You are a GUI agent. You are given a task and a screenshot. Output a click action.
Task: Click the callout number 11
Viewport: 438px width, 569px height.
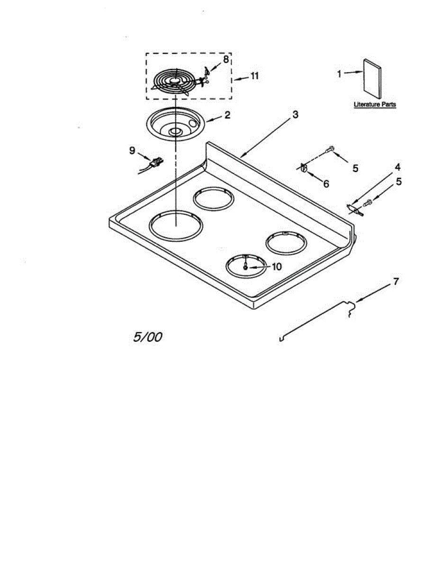click(x=254, y=76)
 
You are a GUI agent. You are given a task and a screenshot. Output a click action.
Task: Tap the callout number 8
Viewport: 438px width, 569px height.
click(x=226, y=59)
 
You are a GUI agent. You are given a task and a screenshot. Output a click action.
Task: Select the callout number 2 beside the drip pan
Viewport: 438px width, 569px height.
click(x=227, y=115)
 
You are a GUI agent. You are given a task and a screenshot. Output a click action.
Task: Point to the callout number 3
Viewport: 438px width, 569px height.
click(x=295, y=114)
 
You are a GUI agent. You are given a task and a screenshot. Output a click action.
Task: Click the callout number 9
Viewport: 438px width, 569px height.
click(x=132, y=151)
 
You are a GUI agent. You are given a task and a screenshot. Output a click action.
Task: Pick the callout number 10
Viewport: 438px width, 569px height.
click(x=277, y=267)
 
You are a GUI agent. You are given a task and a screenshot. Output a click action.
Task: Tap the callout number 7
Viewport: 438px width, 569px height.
click(x=396, y=282)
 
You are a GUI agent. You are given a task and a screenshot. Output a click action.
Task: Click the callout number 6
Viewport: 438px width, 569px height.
click(x=326, y=184)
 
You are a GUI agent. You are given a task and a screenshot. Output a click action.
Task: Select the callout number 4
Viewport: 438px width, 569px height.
click(x=398, y=167)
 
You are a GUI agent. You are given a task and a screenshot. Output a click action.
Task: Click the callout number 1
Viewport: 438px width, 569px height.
click(x=339, y=74)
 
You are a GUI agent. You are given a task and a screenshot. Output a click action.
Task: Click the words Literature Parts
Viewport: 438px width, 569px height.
click(x=375, y=104)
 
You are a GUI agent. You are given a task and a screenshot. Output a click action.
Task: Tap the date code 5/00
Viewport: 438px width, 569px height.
click(x=148, y=337)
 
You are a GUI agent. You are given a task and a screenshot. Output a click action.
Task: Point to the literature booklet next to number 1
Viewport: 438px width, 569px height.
click(x=372, y=79)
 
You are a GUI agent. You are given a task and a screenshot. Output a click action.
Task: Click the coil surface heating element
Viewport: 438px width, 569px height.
click(x=174, y=82)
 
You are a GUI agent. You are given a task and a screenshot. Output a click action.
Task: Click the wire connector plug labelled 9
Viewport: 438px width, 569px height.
click(x=156, y=163)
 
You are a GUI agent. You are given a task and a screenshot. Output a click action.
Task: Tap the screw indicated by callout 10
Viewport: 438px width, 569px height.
click(x=245, y=267)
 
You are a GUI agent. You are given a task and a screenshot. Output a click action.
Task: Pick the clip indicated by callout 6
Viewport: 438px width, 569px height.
click(x=304, y=167)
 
